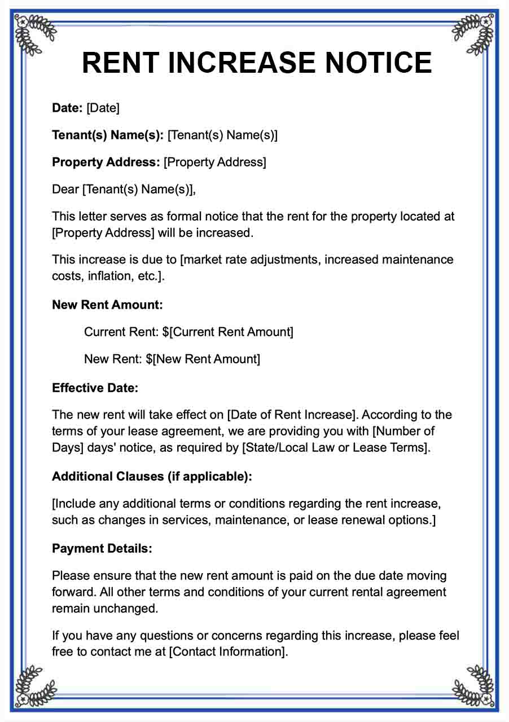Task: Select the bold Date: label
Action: coord(68,108)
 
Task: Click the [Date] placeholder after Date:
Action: coord(103,108)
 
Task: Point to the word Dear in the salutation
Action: coord(65,189)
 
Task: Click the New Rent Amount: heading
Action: coord(107,305)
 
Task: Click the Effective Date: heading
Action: coord(95,388)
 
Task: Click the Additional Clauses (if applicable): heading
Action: coord(152,476)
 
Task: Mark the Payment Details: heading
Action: coord(102,548)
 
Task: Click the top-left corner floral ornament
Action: coord(34,33)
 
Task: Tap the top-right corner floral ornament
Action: coord(475,33)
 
